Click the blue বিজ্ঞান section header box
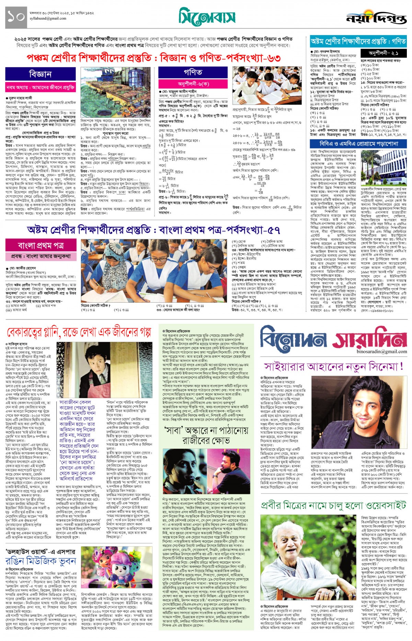(41, 74)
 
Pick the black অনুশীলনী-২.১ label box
(384, 53)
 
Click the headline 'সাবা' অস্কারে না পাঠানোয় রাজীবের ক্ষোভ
(206, 435)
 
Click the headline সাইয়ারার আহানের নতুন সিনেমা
(333, 366)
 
